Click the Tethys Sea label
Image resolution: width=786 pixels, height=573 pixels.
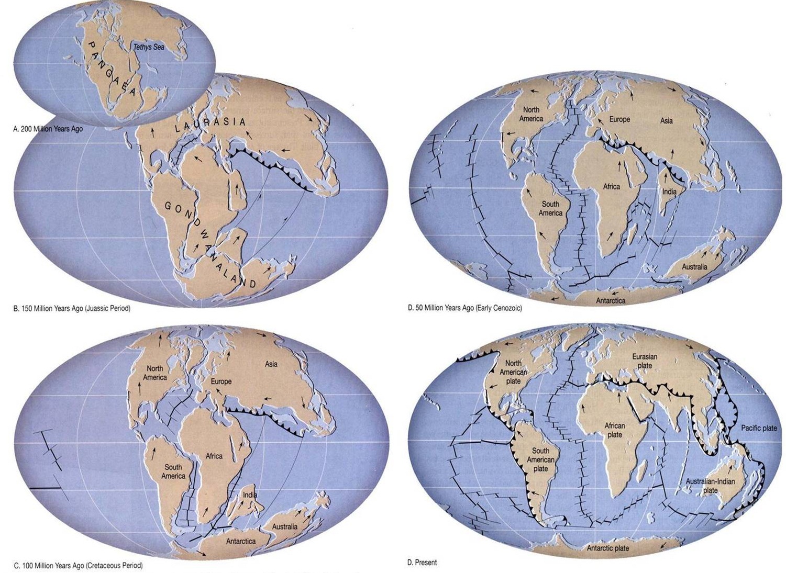click(148, 47)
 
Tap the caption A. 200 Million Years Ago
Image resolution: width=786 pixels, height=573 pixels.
click(48, 129)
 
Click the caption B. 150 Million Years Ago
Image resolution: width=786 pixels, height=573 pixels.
click(72, 309)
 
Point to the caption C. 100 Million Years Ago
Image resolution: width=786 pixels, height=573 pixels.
click(78, 566)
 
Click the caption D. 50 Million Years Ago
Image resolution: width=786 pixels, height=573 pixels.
click(464, 308)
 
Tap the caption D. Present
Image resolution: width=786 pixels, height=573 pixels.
click(422, 563)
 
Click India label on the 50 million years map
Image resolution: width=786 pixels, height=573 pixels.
click(669, 192)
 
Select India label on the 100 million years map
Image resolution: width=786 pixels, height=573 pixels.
click(250, 495)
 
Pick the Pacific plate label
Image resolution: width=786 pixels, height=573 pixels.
click(759, 428)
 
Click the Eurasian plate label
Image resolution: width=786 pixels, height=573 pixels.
click(645, 361)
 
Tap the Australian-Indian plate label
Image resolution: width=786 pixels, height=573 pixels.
click(710, 486)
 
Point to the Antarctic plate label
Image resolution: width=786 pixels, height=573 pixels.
click(607, 548)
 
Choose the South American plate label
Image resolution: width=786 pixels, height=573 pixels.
click(540, 459)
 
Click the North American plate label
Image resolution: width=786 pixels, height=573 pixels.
click(513, 372)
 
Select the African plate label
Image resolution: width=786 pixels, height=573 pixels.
click(614, 430)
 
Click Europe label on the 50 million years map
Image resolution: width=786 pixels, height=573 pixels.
click(619, 119)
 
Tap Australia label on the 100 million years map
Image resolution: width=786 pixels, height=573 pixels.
click(284, 526)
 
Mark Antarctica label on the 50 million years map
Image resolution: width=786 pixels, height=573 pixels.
click(611, 301)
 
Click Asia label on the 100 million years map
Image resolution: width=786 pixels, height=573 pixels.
click(271, 364)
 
